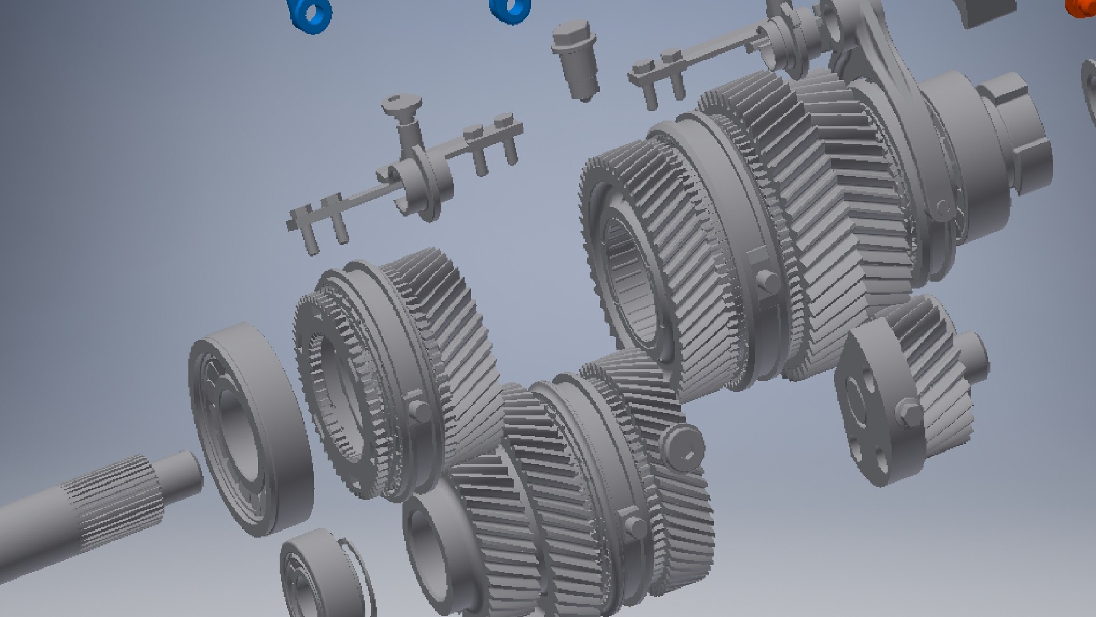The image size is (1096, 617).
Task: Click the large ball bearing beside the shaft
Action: click(251, 428)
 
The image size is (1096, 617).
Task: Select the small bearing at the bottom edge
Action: click(320, 577)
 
